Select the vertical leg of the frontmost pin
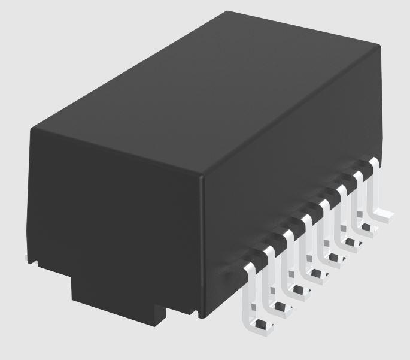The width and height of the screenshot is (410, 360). point(247,294)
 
